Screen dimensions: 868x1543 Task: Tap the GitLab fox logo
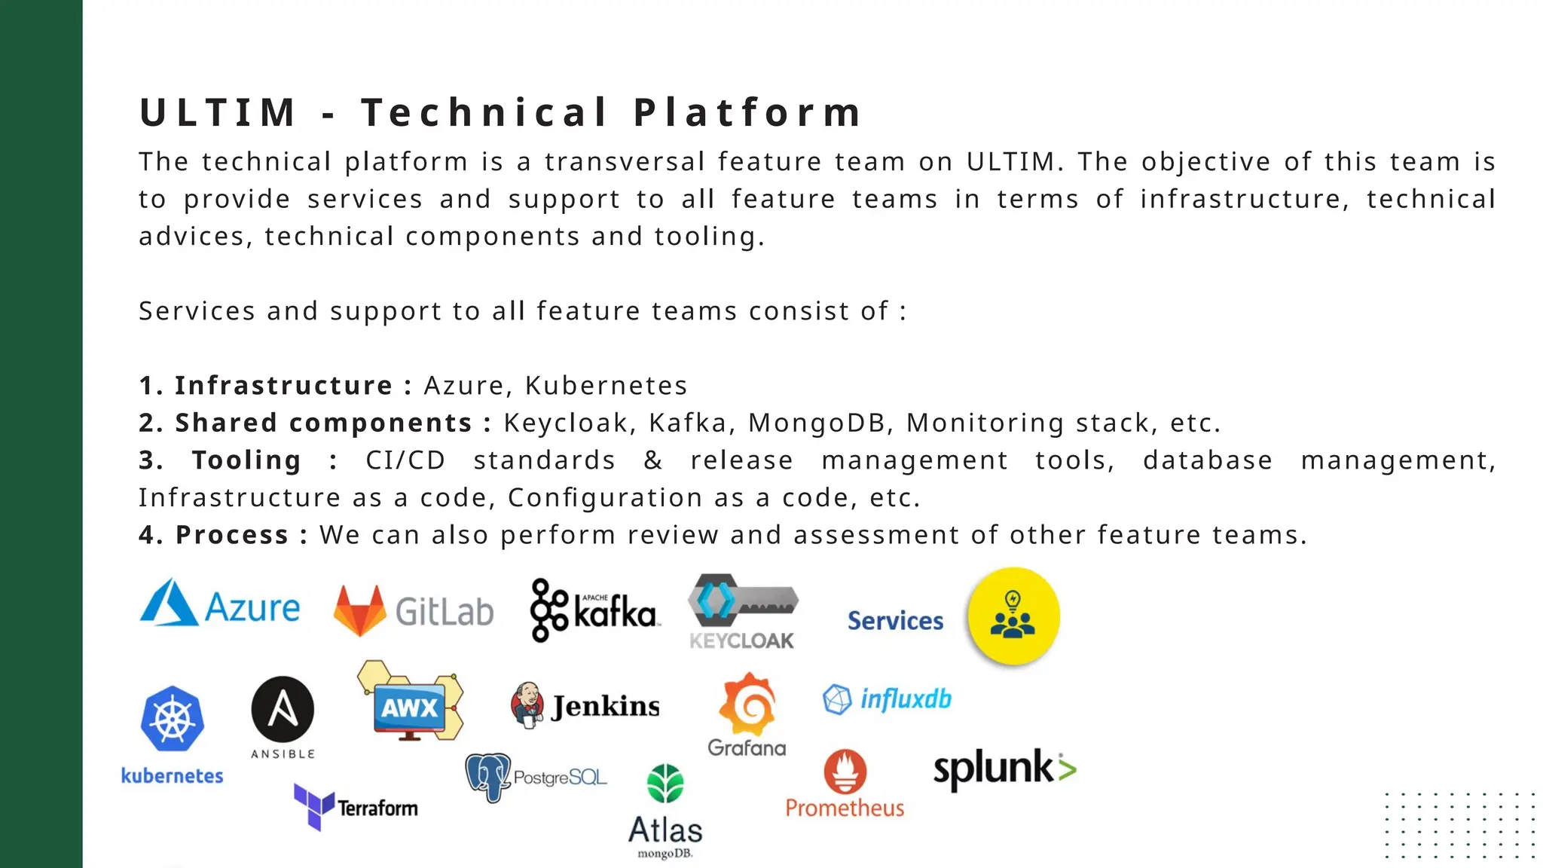point(359,610)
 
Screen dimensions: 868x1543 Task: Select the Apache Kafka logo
point(594,610)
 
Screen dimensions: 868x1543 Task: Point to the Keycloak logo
point(742,611)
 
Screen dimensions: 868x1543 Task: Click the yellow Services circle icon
point(1013,616)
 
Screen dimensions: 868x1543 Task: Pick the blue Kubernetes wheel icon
point(173,719)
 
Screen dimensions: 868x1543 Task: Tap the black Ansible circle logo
point(283,709)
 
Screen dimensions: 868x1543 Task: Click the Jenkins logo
point(585,705)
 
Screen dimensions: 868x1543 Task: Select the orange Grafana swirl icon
point(747,704)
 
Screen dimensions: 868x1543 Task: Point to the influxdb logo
point(887,699)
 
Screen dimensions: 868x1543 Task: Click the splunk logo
point(1004,769)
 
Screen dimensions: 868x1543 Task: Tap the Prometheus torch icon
point(845,771)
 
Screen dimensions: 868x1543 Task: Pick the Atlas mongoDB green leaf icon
point(665,784)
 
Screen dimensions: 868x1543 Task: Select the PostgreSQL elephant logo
point(488,777)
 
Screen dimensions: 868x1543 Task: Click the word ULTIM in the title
point(218,113)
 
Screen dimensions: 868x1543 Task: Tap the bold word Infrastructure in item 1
point(283,386)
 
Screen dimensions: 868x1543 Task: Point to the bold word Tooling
point(246,460)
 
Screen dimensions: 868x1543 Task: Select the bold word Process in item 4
point(232,535)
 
